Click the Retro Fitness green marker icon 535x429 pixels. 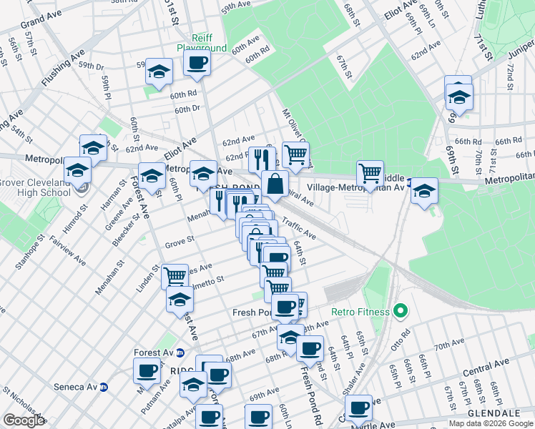401,312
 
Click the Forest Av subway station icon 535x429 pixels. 180,352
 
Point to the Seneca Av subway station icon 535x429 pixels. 104,387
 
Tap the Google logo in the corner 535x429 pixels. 24,420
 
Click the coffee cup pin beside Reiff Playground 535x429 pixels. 196,62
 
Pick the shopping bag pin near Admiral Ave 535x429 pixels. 275,184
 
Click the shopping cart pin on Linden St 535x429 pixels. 175,275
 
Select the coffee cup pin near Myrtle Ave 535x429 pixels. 359,408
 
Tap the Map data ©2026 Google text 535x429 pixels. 490,423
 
